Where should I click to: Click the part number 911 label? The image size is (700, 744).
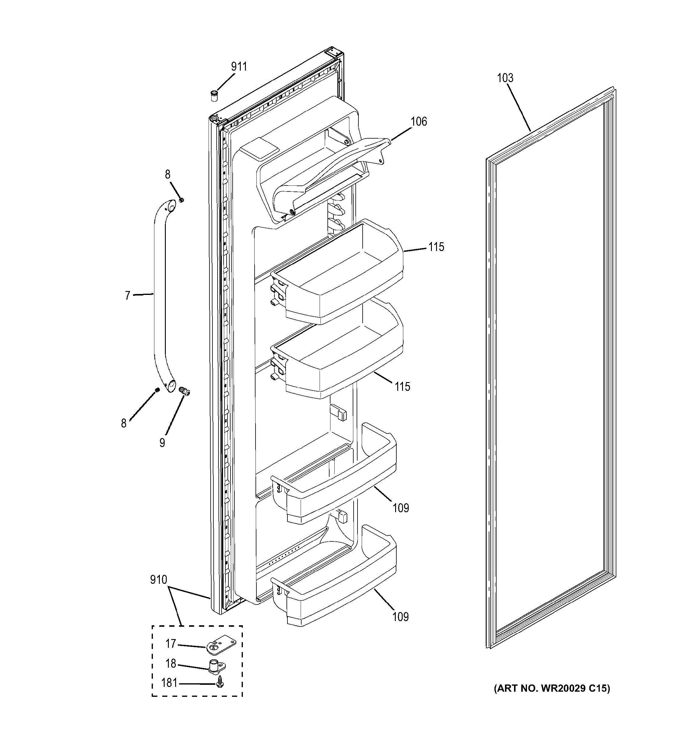pos(239,67)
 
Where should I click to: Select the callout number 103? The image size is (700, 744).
pos(505,78)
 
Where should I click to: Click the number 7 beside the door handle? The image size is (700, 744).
pos(127,296)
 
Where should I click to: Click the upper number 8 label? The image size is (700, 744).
pos(168,174)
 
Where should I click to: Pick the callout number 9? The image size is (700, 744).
pos(162,443)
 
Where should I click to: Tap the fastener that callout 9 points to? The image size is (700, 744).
pos(184,391)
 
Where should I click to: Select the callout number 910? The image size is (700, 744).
pos(158,580)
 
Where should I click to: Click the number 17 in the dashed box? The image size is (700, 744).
pos(171,643)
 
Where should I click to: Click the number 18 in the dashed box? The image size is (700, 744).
pos(171,663)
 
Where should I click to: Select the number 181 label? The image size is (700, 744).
pos(169,683)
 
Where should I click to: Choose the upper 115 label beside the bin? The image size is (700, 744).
pos(436,247)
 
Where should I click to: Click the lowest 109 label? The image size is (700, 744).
pos(400,617)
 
